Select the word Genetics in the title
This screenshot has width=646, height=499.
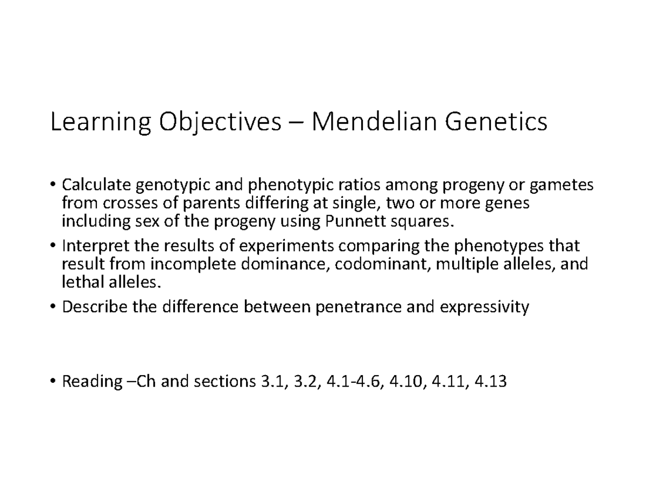click(495, 122)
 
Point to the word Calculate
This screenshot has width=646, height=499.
click(96, 186)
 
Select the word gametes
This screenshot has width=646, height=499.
click(562, 186)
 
